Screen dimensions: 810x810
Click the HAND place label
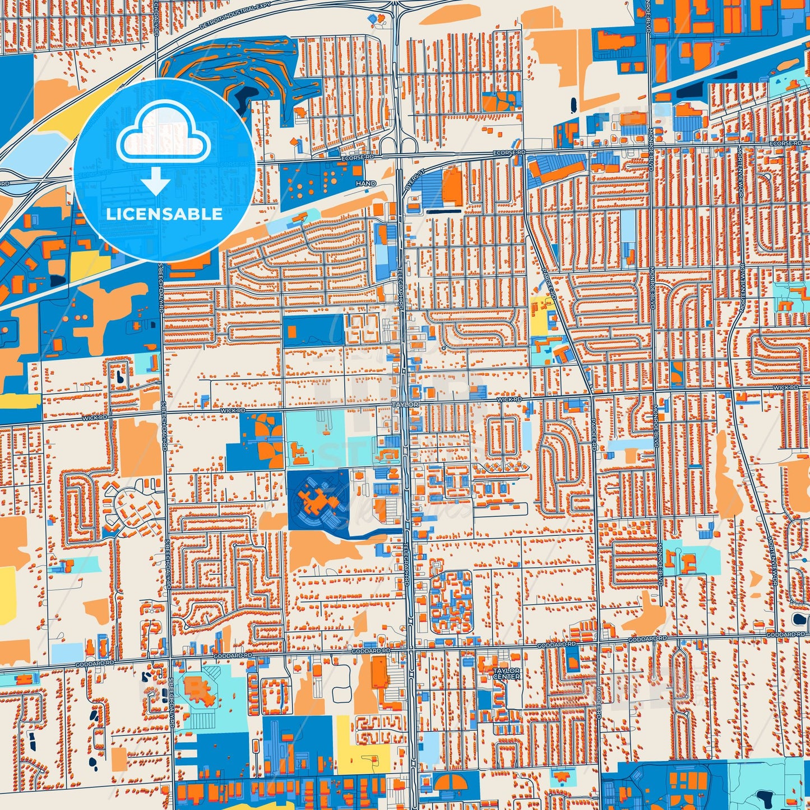pos(365,183)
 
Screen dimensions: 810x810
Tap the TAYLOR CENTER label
pos(507,673)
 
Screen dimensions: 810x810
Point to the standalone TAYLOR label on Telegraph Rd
pos(405,404)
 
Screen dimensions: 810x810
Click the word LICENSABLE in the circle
pos(164,214)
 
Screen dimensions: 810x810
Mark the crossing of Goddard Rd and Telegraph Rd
pos(411,650)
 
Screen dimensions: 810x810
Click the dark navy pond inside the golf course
pos(244,99)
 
